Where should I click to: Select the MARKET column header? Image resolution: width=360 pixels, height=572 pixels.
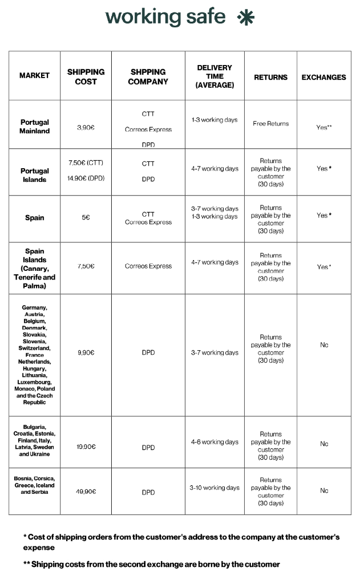34,75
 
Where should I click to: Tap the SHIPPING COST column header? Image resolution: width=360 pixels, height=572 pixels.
86,76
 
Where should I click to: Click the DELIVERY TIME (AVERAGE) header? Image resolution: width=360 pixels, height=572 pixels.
215,76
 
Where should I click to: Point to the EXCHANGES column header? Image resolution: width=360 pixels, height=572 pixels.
323,77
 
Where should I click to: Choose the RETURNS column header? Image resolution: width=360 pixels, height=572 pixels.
270,77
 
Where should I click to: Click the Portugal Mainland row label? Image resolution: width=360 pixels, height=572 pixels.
35,126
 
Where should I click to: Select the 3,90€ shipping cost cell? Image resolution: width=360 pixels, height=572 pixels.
86,127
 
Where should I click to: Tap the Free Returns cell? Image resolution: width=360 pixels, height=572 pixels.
270,123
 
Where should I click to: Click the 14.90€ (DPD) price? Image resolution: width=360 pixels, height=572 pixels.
86,178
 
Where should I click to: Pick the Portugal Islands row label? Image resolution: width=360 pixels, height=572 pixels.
35,175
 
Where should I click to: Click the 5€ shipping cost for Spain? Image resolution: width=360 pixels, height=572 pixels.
86,218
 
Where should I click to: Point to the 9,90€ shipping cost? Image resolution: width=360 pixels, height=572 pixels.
86,352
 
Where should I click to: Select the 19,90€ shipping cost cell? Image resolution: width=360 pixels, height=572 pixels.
86,447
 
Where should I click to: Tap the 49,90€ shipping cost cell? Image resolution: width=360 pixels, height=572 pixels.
86,491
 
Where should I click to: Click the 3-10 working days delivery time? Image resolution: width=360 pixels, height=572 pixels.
215,488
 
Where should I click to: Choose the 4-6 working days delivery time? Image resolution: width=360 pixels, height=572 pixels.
215,442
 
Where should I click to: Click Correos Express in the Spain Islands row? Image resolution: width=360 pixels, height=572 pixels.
148,266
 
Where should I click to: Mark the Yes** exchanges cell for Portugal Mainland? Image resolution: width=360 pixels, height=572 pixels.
323,127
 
